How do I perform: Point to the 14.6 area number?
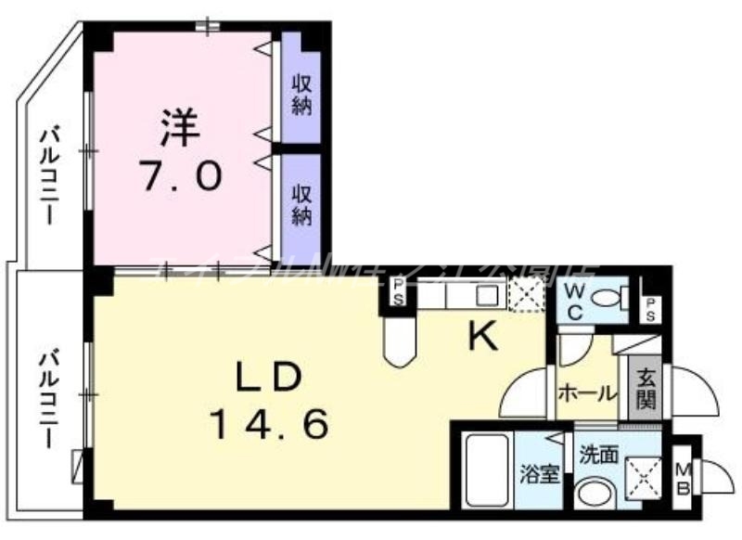click(268, 424)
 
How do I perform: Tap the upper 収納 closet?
click(301, 94)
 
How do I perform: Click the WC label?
click(575, 302)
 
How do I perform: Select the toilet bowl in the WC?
click(608, 299)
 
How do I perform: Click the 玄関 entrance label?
click(646, 392)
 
